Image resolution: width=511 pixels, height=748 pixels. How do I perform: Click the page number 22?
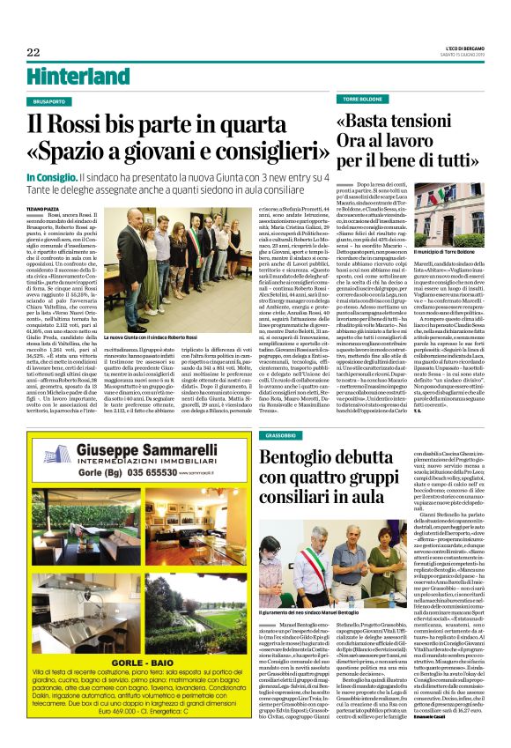click(33, 52)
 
